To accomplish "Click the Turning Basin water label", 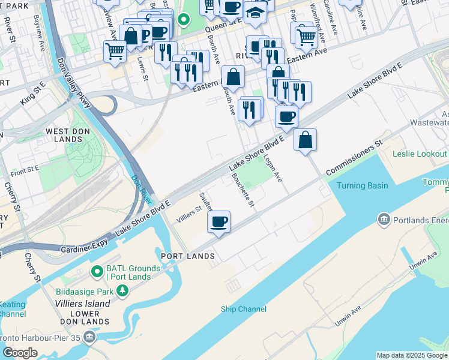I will click(362, 185).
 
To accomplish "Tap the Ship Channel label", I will click(244, 309).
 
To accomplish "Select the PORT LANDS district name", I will click(188, 256).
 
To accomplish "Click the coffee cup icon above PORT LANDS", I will click(219, 221).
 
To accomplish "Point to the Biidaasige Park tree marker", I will click(122, 291).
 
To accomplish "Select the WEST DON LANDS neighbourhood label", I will click(64, 135).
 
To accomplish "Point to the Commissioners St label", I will click(354, 159).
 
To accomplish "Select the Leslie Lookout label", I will click(420, 154).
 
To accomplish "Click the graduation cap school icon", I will click(255, 13).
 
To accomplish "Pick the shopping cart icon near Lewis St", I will click(113, 50).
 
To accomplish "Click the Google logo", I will click(20, 353).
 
